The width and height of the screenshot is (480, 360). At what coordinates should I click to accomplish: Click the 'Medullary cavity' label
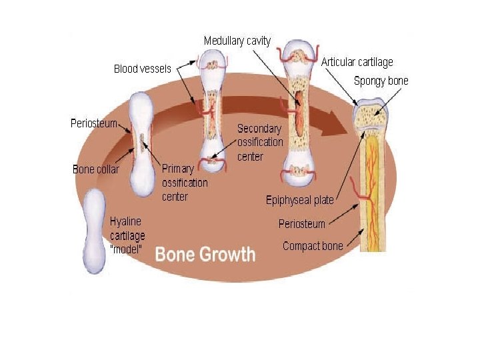[237, 41]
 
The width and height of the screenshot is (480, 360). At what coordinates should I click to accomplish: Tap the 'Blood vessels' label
[143, 68]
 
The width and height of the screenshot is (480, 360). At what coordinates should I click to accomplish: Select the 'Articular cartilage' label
[357, 62]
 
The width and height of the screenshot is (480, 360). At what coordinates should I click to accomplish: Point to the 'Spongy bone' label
[381, 81]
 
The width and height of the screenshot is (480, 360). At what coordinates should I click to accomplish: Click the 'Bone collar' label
[96, 169]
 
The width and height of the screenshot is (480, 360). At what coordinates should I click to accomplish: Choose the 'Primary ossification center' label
[185, 183]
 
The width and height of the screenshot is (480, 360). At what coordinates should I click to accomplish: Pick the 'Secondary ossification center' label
[260, 142]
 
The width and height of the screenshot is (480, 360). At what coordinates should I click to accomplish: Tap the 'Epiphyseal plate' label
[299, 200]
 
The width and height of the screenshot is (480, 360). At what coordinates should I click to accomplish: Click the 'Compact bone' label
[313, 246]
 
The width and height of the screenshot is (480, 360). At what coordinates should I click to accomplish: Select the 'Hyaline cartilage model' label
[127, 235]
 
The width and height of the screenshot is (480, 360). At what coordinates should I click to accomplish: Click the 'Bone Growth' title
[205, 254]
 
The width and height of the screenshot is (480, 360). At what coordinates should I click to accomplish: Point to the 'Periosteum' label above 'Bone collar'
[94, 123]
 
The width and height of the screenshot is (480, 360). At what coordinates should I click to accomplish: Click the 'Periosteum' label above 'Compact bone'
[302, 224]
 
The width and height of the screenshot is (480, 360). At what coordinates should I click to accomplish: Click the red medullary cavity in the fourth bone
[299, 109]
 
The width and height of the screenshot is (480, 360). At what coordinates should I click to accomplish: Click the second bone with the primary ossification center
[141, 143]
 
